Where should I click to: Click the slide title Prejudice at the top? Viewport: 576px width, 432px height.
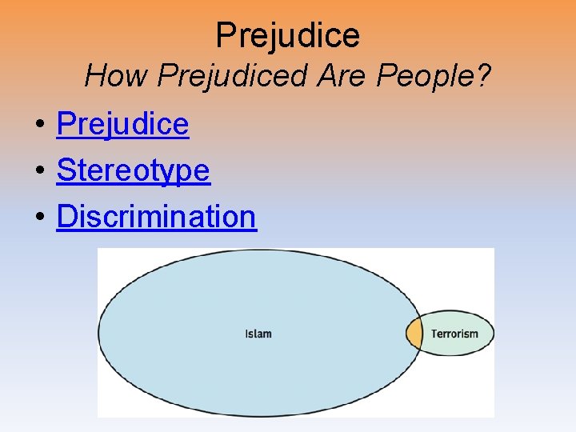pyautogui.click(x=288, y=34)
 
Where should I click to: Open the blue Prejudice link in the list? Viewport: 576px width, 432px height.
pyautogui.click(x=122, y=124)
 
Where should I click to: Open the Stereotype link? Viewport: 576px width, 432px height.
pyautogui.click(x=133, y=170)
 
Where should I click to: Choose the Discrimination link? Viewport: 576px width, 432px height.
pyautogui.click(x=156, y=216)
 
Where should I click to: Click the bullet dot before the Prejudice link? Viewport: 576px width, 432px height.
pyautogui.click(x=38, y=126)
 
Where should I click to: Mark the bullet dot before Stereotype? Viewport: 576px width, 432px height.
pyautogui.click(x=38, y=172)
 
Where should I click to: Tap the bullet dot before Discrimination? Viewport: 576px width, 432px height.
pyautogui.click(x=38, y=218)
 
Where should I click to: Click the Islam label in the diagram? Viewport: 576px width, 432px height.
pyautogui.click(x=258, y=334)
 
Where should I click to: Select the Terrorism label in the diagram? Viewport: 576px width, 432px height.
pyautogui.click(x=454, y=334)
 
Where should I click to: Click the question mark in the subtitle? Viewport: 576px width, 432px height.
pyautogui.click(x=482, y=77)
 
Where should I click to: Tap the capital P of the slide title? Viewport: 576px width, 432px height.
pyautogui.click(x=226, y=35)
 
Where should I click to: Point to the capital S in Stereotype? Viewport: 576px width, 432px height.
pyautogui.click(x=66, y=170)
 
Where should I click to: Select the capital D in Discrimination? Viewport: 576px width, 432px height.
pyautogui.click(x=67, y=216)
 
